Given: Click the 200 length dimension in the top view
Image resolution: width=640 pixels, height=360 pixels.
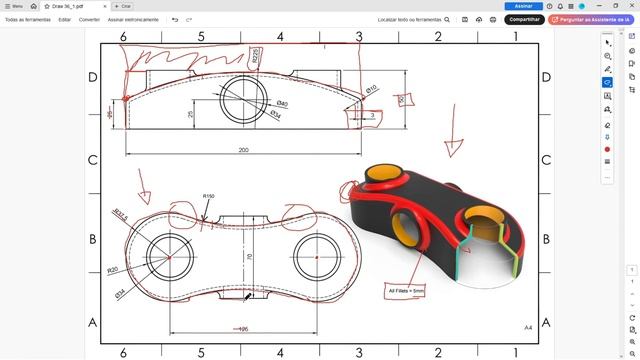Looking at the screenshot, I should coord(243,150).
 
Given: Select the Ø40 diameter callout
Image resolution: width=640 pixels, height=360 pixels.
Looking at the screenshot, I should coord(281,104).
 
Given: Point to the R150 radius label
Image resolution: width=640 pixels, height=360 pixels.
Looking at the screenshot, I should coord(209,196).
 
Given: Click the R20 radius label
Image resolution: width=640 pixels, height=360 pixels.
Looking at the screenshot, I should coord(113,270).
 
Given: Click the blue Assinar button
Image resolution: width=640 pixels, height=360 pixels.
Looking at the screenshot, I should coord(523,6).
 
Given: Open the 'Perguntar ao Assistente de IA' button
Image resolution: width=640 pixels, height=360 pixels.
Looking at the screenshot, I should coord(594,19).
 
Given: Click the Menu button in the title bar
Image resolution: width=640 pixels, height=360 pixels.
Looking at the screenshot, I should coord(14,6).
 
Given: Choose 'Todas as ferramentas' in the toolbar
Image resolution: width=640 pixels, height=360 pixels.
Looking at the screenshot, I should coord(28,19).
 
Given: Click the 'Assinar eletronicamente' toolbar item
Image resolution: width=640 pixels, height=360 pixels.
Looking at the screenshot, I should coord(132,19).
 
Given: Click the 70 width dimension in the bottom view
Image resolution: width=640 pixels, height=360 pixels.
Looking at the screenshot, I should coord(250,257).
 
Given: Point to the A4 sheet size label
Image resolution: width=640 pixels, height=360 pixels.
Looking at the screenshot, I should coord(528,327).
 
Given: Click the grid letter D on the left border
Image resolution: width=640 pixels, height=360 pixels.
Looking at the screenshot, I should coord(93,77).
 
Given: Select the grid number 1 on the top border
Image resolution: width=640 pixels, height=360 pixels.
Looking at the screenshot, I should coord(516,37).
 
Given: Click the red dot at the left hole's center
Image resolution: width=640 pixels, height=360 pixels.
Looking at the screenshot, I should coord(169,258).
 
